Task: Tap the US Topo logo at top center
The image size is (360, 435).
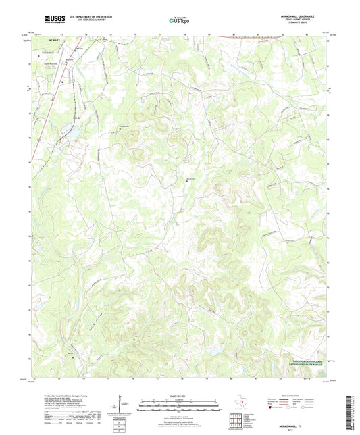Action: point(179,21)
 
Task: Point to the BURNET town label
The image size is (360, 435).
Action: point(54,41)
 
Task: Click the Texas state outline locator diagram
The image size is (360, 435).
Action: point(242,404)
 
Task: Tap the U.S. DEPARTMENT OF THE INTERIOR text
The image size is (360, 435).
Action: point(74,18)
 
